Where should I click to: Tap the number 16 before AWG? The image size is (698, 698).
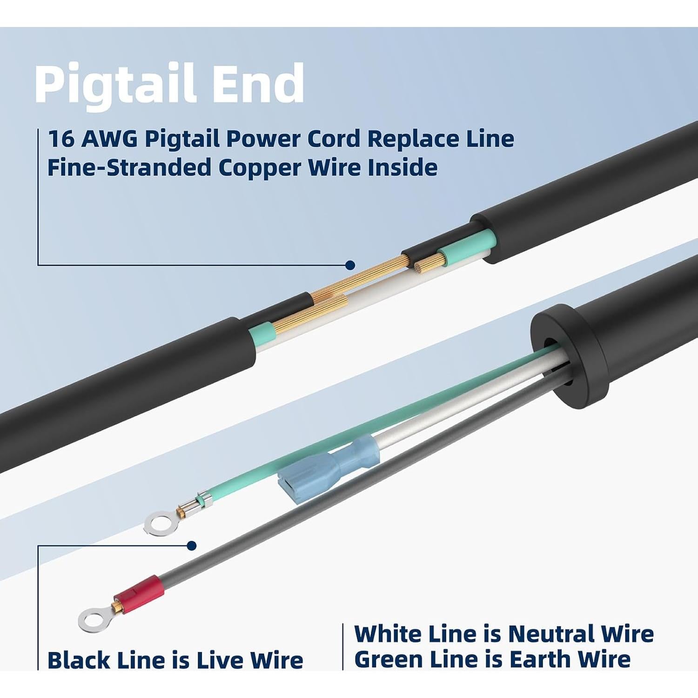pos(60,139)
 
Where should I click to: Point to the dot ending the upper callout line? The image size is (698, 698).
pos(350,265)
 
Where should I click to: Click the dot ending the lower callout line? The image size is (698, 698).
pos(192,545)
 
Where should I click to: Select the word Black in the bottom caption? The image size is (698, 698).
pos(79,660)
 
